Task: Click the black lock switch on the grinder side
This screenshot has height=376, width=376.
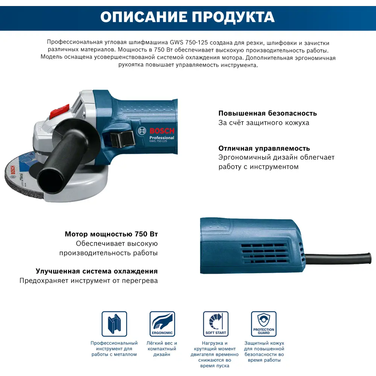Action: (123, 139)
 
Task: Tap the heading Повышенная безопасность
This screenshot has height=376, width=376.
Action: (267, 113)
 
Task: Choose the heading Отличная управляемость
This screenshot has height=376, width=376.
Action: (264, 148)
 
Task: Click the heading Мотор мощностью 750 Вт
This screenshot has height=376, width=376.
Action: (111, 234)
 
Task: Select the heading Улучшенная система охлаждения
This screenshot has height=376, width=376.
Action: (97, 271)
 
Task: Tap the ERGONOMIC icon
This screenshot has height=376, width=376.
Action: (162, 324)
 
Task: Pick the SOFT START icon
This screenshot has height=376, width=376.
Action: (215, 324)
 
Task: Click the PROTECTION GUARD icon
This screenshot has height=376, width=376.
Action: (264, 324)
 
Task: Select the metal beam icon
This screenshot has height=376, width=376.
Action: (114, 324)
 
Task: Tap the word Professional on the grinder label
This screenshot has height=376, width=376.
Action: (162, 138)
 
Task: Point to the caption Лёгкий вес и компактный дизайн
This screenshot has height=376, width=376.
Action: (162, 349)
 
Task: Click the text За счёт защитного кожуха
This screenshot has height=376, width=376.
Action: (264, 123)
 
